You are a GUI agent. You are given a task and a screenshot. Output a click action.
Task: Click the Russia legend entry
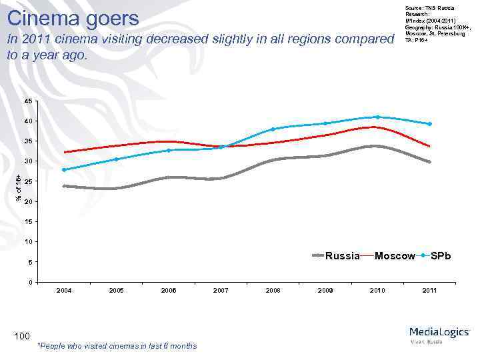point(342,256)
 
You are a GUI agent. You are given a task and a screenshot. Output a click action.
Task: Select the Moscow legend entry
point(395,256)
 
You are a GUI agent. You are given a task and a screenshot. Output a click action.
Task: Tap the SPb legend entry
point(440,256)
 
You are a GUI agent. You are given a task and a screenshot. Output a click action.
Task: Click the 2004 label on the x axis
point(64,291)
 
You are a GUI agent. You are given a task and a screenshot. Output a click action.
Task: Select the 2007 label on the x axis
point(221,291)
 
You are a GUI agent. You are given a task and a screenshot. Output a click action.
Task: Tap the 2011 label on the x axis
point(429,291)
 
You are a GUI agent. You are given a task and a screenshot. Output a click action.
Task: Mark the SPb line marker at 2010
point(377,117)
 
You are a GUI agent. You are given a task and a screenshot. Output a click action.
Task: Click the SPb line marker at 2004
point(64,169)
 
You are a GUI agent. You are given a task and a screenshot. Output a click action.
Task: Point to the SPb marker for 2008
point(273,129)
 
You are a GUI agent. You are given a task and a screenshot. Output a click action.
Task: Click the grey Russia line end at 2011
point(429,162)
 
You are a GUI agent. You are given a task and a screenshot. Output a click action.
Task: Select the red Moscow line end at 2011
point(429,146)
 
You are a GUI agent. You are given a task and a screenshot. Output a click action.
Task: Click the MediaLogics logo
point(439,333)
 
